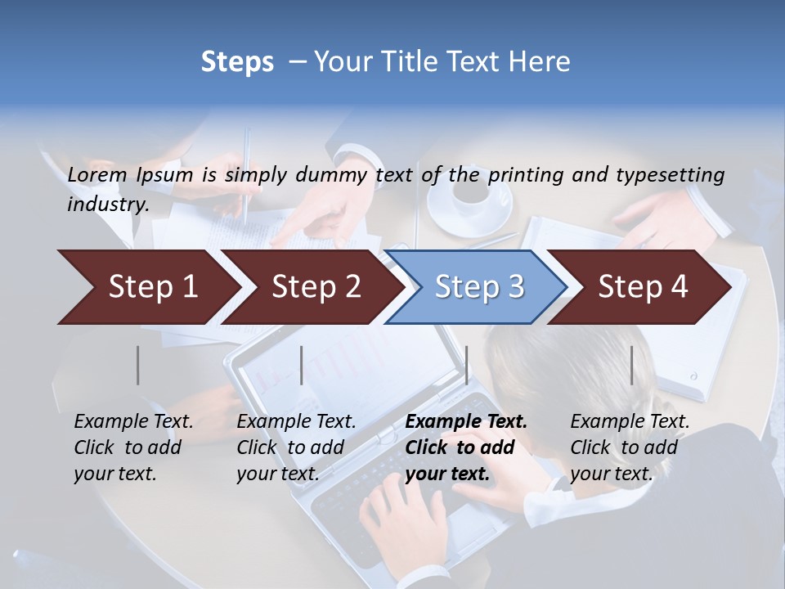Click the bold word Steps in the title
[x=237, y=62]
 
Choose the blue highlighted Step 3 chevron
[x=479, y=287]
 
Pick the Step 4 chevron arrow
[x=643, y=287]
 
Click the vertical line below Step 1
[x=137, y=365]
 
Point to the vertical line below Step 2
[x=302, y=365]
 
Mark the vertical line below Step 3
[x=466, y=365]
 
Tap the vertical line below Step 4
[x=631, y=365]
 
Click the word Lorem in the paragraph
[x=97, y=174]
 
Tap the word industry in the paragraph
[x=107, y=204]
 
